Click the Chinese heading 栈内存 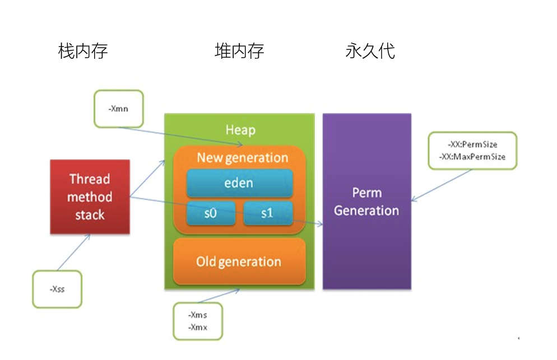(x=83, y=52)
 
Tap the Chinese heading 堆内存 (x=239, y=52)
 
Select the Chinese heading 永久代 (x=370, y=52)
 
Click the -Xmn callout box (x=118, y=109)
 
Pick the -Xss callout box (x=57, y=289)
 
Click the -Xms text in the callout (x=198, y=315)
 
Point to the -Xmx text (x=198, y=328)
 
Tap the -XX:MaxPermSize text (x=472, y=157)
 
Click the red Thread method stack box (x=90, y=197)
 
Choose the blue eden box (x=239, y=183)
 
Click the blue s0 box (x=211, y=213)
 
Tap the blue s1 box (x=267, y=213)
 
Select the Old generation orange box (x=239, y=261)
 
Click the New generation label (x=242, y=158)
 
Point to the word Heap (x=240, y=130)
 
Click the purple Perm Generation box (x=366, y=202)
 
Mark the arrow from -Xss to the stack (x=73, y=253)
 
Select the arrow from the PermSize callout (x=442, y=184)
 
